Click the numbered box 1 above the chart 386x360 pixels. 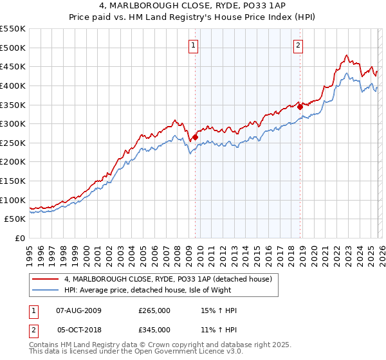click(194, 45)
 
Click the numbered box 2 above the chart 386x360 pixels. click(299, 45)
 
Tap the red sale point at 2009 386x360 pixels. click(195, 137)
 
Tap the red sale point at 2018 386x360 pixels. click(300, 107)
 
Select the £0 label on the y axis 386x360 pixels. click(21, 238)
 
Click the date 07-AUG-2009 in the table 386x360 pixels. click(76, 310)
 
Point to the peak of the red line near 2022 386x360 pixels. click(347, 55)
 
